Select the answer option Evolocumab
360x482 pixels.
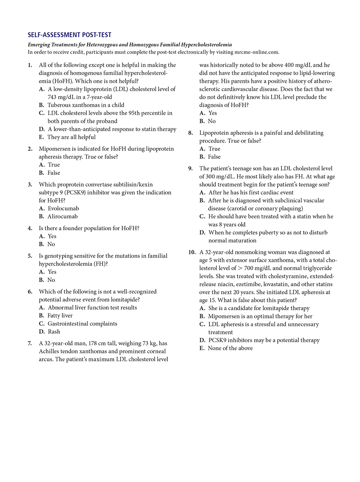[x=64, y=208]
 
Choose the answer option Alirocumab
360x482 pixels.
[x=63, y=216]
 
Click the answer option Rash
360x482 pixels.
[x=54, y=331]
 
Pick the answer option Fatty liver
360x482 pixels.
[x=60, y=315]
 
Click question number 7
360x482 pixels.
[x=30, y=343]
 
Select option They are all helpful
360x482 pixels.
[x=72, y=137]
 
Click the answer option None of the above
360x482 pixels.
[x=230, y=348]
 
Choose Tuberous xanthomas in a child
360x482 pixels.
[x=86, y=105]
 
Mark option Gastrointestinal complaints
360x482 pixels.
[x=82, y=323]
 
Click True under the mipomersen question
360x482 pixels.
[x=54, y=165]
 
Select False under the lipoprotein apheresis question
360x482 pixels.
[x=214, y=157]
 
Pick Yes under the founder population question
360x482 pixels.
[x=52, y=236]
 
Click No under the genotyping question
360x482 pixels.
[x=51, y=280]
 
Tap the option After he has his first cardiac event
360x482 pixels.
[x=251, y=192]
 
